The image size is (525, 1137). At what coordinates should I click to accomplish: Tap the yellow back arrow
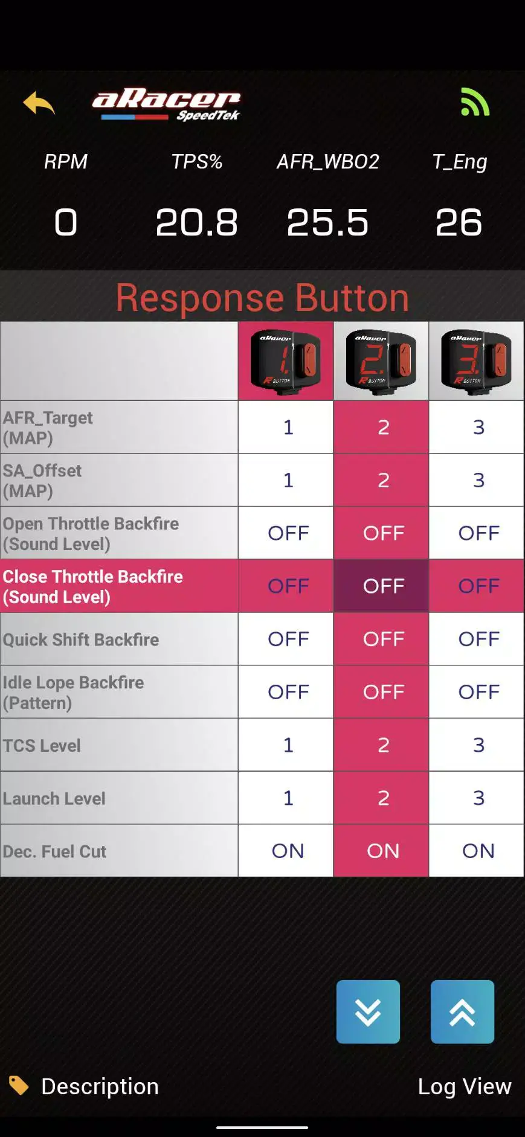[39, 103]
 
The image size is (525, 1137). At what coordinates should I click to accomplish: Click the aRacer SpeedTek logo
[166, 106]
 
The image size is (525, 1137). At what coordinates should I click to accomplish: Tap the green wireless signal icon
[475, 101]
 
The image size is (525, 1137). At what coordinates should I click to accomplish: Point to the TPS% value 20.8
[196, 222]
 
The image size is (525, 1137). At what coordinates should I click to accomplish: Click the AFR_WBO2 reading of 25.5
[327, 222]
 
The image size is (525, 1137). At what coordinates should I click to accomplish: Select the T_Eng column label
[460, 162]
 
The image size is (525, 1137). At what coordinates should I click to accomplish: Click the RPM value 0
[66, 222]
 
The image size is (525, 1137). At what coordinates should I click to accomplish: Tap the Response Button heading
[262, 298]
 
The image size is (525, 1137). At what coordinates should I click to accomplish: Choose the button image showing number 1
[286, 361]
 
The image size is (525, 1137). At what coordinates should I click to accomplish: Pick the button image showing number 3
[476, 361]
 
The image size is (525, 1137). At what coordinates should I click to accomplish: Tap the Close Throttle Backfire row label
[93, 586]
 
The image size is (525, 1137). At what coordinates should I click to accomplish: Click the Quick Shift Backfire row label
[81, 639]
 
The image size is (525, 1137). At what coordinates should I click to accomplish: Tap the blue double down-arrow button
[368, 1012]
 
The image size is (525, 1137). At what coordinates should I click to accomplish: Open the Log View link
[465, 1086]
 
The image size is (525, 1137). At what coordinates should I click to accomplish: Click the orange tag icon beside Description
[19, 1085]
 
